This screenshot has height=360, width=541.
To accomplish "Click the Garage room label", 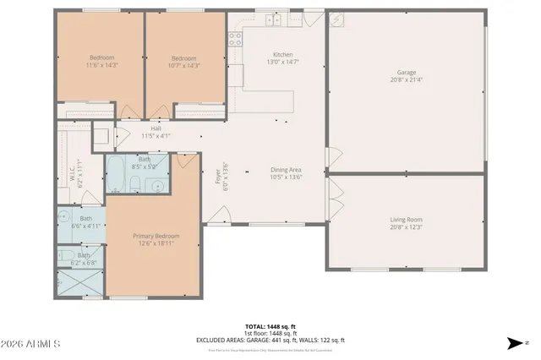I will pos(407,74).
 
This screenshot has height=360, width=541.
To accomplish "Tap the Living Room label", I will pos(407,219).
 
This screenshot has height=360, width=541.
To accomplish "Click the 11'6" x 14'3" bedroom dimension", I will pos(101,65).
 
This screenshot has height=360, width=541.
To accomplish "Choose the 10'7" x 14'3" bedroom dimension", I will pos(184,65).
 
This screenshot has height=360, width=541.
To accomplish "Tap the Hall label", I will pos(156,128).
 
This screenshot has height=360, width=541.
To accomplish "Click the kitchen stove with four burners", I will pos(234,38).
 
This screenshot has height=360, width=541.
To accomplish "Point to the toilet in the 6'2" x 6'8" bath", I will pos(66,255).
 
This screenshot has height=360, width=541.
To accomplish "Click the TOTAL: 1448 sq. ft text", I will pos(270,325).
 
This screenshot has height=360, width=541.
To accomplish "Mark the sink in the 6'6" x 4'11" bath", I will pos(66,219).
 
